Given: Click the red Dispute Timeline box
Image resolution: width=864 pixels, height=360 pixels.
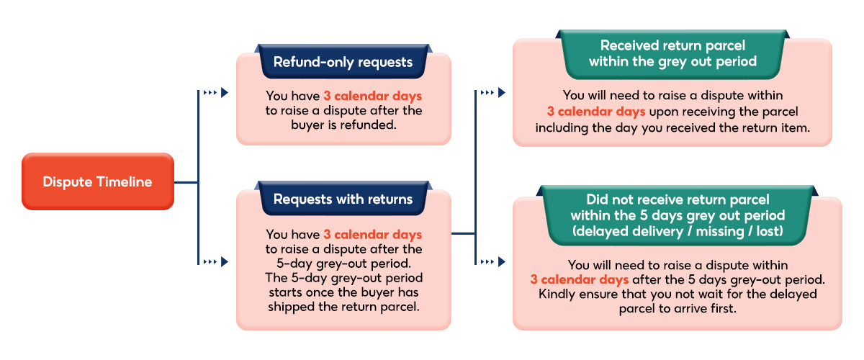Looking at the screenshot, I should click(x=97, y=181).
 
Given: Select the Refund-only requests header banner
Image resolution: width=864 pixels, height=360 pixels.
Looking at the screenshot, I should click(x=343, y=62).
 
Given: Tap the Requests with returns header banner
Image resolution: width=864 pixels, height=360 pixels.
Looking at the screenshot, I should click(x=343, y=199).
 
